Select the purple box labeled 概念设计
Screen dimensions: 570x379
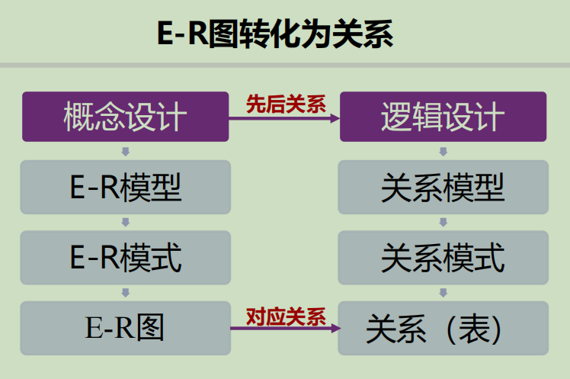(126, 117)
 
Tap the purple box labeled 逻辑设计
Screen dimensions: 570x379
(443, 117)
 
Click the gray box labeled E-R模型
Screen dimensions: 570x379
(126, 187)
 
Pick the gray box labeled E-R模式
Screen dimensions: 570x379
(126, 258)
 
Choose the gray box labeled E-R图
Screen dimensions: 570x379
(126, 328)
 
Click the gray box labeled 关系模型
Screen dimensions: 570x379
(443, 187)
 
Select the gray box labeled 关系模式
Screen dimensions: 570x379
(443, 258)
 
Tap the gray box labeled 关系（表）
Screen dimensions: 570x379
(443, 328)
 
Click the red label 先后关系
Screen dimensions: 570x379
(285, 105)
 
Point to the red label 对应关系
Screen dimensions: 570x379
(285, 316)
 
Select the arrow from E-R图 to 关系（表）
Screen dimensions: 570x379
(284, 329)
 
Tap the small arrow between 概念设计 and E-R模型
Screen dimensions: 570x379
(126, 151)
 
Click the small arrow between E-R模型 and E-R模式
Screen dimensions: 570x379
(126, 222)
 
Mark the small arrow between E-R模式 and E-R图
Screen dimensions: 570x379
(126, 292)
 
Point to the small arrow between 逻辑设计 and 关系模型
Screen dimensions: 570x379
(443, 151)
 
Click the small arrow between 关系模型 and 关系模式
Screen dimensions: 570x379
(443, 222)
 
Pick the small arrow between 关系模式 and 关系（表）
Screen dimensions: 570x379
(443, 292)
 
